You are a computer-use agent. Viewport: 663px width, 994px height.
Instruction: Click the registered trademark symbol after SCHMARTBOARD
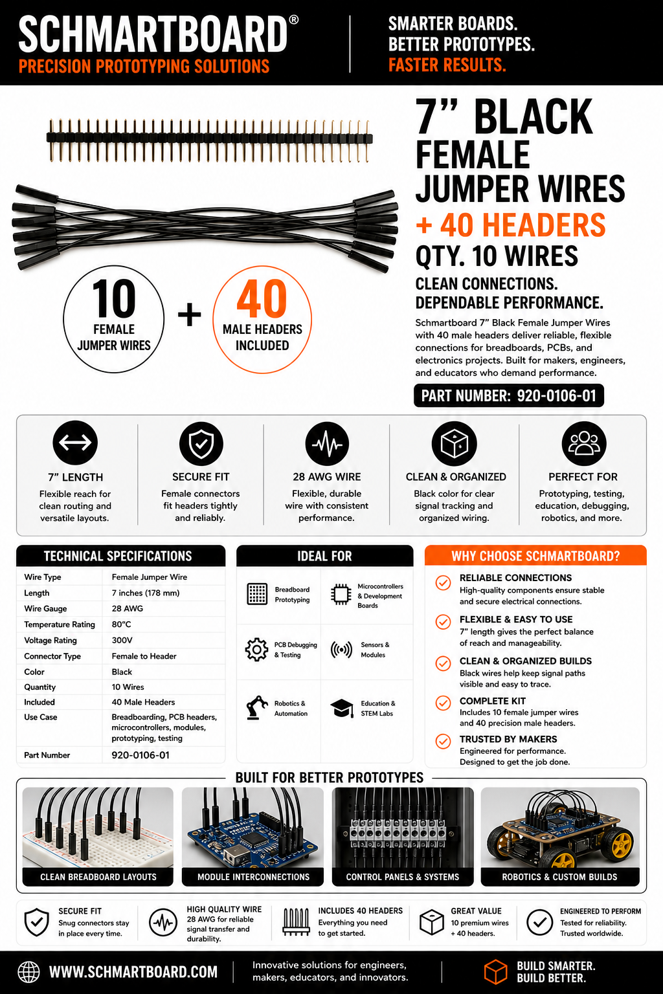[293, 20]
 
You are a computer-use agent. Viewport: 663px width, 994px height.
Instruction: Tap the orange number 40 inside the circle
[262, 298]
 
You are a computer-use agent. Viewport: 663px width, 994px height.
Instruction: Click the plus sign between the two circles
[190, 315]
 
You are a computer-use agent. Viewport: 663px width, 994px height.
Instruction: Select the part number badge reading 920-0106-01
[509, 395]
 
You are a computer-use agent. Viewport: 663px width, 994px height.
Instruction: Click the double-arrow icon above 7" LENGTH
[75, 443]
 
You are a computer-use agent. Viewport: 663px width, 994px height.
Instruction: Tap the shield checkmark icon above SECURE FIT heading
[201, 443]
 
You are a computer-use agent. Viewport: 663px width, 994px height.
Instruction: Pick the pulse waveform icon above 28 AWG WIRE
[327, 443]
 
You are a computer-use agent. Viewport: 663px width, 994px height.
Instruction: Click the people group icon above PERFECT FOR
[584, 443]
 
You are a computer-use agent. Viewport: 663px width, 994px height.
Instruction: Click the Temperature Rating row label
[60, 624]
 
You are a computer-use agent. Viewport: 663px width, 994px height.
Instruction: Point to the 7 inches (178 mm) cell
[146, 593]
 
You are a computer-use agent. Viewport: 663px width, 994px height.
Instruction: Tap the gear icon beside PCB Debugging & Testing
[256, 650]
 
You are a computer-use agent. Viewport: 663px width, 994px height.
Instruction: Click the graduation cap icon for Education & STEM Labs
[342, 708]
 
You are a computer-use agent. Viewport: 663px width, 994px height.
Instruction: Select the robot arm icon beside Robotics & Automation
[257, 707]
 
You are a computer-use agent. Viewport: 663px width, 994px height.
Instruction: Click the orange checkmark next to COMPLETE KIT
[443, 703]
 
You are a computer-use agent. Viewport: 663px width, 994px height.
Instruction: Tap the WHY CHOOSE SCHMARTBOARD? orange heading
[535, 556]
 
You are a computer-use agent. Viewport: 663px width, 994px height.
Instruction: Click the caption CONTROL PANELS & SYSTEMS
[403, 877]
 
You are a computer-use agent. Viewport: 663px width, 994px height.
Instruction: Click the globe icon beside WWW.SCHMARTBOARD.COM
[28, 972]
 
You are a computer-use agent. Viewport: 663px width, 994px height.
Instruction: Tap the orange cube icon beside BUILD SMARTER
[495, 972]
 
